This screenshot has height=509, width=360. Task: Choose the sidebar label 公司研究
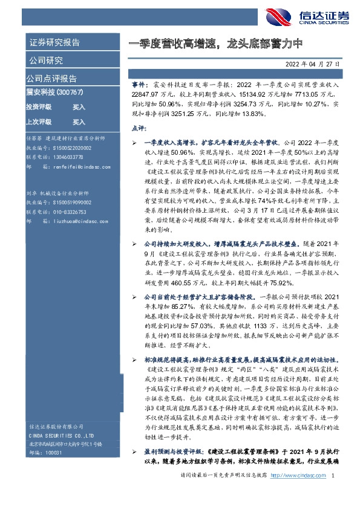tap(45, 60)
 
